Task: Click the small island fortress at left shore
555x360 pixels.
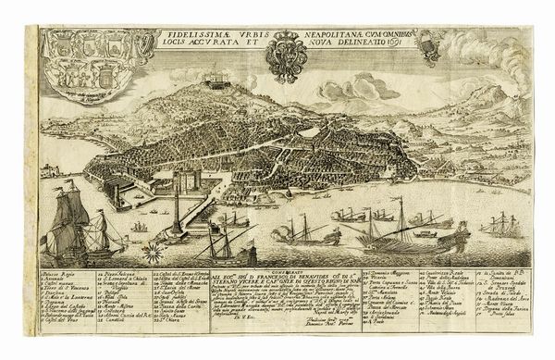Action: [51, 171]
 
